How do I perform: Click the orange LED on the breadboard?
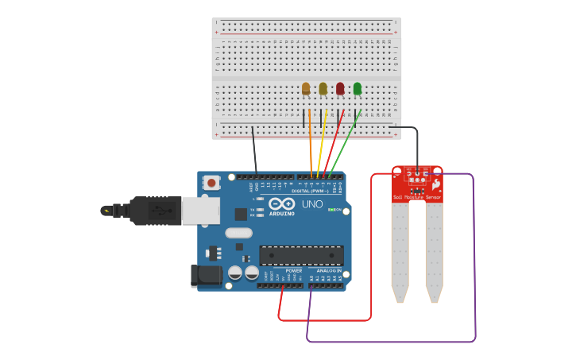(x=306, y=88)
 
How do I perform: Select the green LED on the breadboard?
(x=357, y=88)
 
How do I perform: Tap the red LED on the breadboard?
(x=340, y=88)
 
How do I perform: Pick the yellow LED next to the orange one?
(x=323, y=88)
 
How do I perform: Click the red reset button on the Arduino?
(x=211, y=183)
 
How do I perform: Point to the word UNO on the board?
(x=311, y=204)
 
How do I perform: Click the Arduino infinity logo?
(x=281, y=203)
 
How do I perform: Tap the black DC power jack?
(x=207, y=276)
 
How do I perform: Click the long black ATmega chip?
(x=301, y=256)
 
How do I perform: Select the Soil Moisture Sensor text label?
(x=416, y=197)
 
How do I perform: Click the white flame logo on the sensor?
(x=435, y=184)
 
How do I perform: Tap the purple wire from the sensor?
(x=474, y=262)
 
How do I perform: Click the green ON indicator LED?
(x=331, y=210)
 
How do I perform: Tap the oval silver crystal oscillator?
(x=238, y=233)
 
